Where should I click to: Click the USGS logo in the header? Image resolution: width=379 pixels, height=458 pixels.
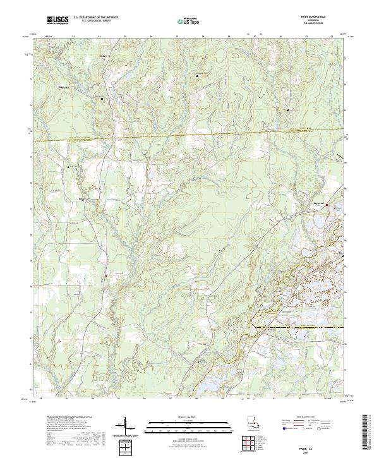point(57,21)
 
